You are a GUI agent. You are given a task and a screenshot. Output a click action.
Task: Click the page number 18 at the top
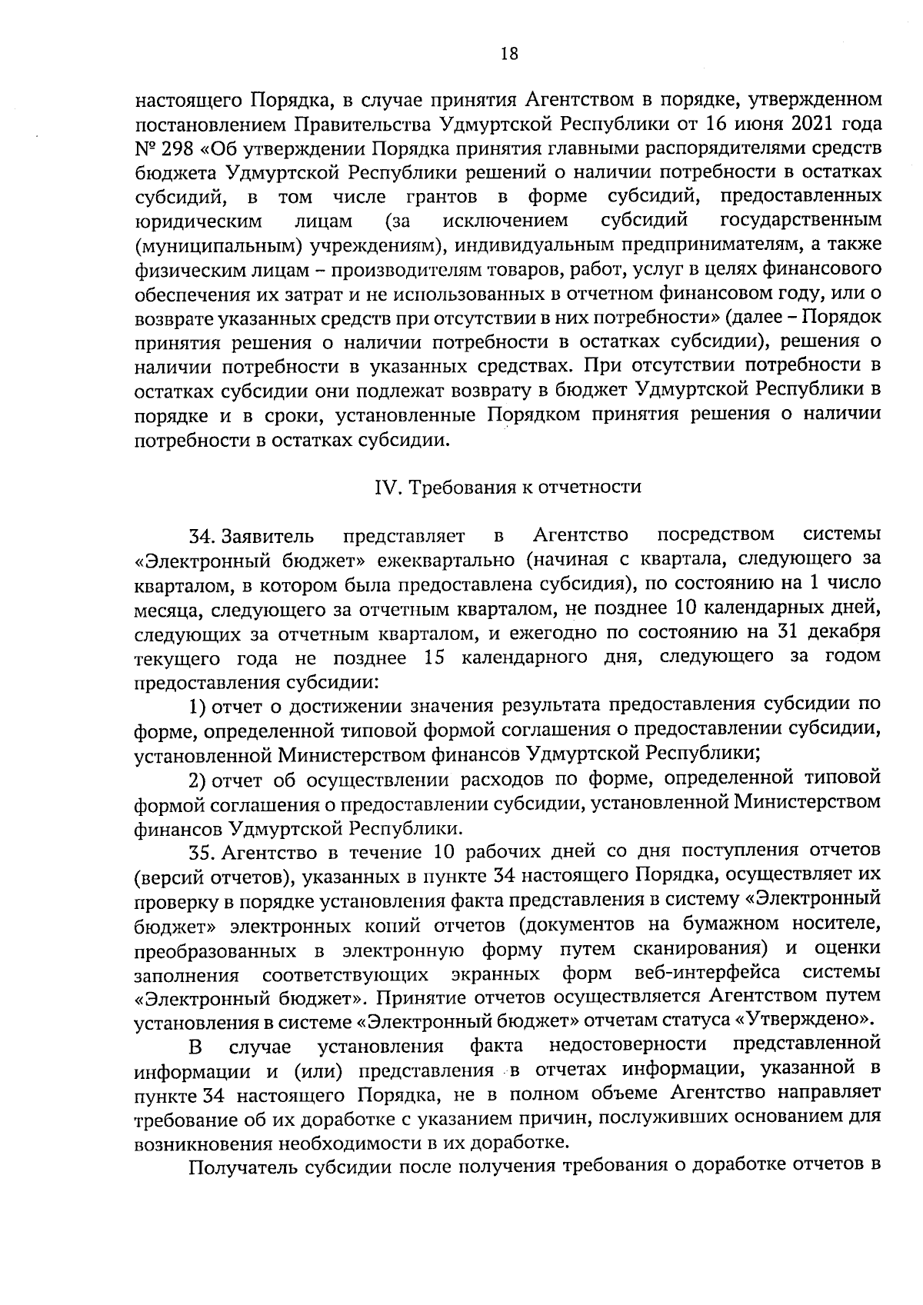point(509,53)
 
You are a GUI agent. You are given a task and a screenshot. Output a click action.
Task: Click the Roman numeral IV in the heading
point(385,487)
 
